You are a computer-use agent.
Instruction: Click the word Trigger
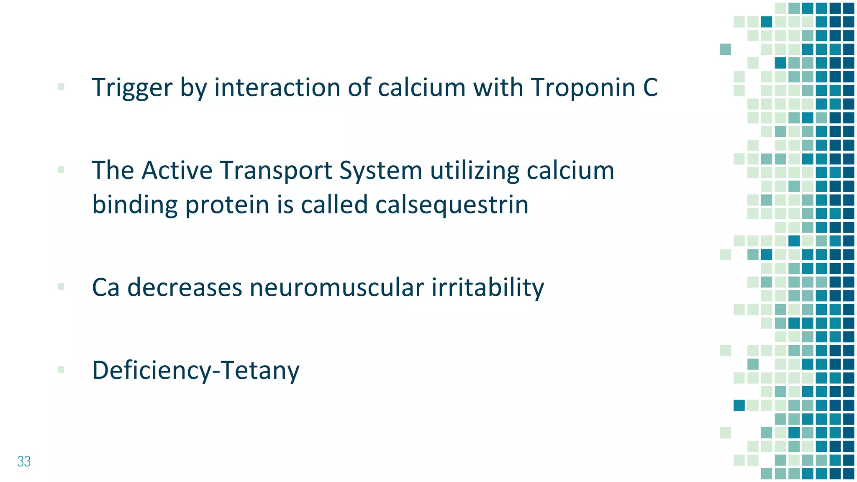[x=132, y=88]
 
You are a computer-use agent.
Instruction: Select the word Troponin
[x=583, y=88]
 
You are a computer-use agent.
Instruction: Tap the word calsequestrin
[x=452, y=205]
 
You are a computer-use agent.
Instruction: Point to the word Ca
[x=105, y=287]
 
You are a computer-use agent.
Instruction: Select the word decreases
[x=185, y=287]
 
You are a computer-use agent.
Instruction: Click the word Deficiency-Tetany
[x=196, y=370]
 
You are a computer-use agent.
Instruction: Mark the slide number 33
[x=24, y=461]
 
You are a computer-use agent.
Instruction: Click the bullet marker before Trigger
[x=61, y=87]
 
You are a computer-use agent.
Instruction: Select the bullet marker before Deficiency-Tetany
[x=61, y=369]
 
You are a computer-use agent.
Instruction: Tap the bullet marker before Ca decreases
[x=61, y=287]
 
